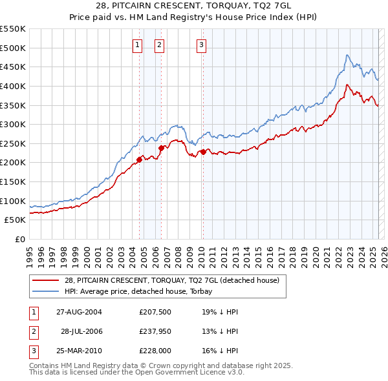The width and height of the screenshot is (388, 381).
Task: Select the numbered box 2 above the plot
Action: [159, 45]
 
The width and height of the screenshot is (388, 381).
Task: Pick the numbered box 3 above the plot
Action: [202, 45]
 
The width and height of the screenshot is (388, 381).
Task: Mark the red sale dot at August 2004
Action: [139, 160]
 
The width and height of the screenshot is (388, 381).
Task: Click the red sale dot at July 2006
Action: [161, 148]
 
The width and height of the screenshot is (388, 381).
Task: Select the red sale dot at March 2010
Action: [203, 152]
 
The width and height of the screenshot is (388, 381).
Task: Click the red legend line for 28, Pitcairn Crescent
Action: [45, 280]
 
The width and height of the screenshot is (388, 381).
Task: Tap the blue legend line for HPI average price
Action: [45, 291]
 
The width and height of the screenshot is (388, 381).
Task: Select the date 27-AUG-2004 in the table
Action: [79, 311]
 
